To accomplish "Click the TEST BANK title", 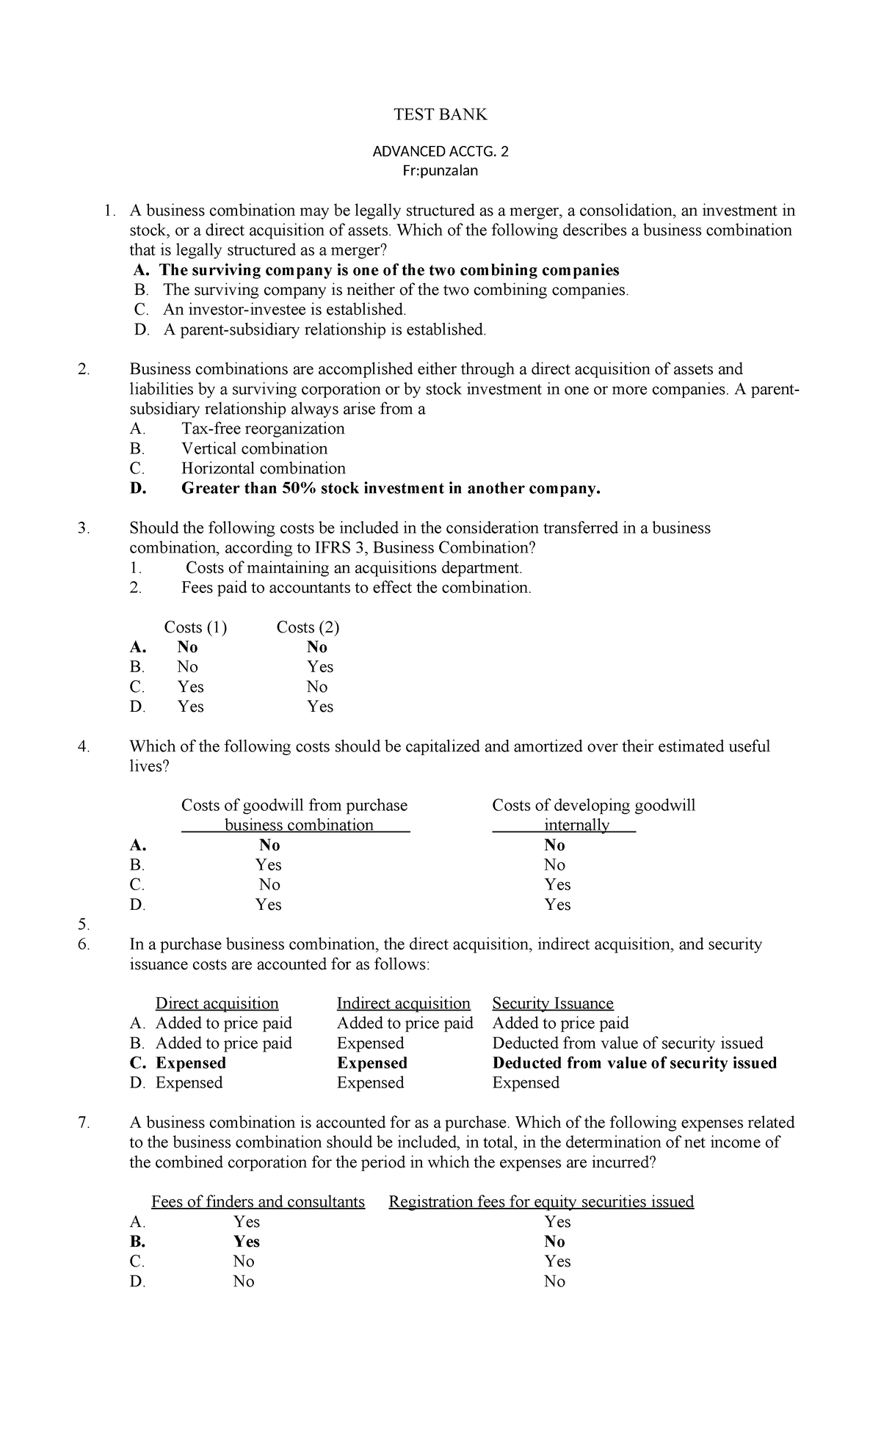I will [x=440, y=114].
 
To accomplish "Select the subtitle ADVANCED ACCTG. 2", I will [x=440, y=152].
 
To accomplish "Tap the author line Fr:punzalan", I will [x=440, y=171].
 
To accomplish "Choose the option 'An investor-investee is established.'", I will [x=284, y=310].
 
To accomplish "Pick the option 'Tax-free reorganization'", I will [x=263, y=429].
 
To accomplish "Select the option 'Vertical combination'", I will [x=254, y=448].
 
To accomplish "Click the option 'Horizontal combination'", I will [x=263, y=468].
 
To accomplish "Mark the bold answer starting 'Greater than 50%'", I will [x=391, y=488].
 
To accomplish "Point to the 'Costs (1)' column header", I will [x=195, y=627].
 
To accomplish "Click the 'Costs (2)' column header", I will [x=308, y=627].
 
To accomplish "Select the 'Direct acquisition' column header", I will [x=217, y=1003].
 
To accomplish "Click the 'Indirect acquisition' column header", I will [x=403, y=1003].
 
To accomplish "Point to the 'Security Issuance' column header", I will [x=553, y=1003].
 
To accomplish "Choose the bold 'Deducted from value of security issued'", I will [x=634, y=1063].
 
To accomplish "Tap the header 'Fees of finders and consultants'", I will [x=258, y=1201].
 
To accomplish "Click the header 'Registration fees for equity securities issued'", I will [x=541, y=1201].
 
